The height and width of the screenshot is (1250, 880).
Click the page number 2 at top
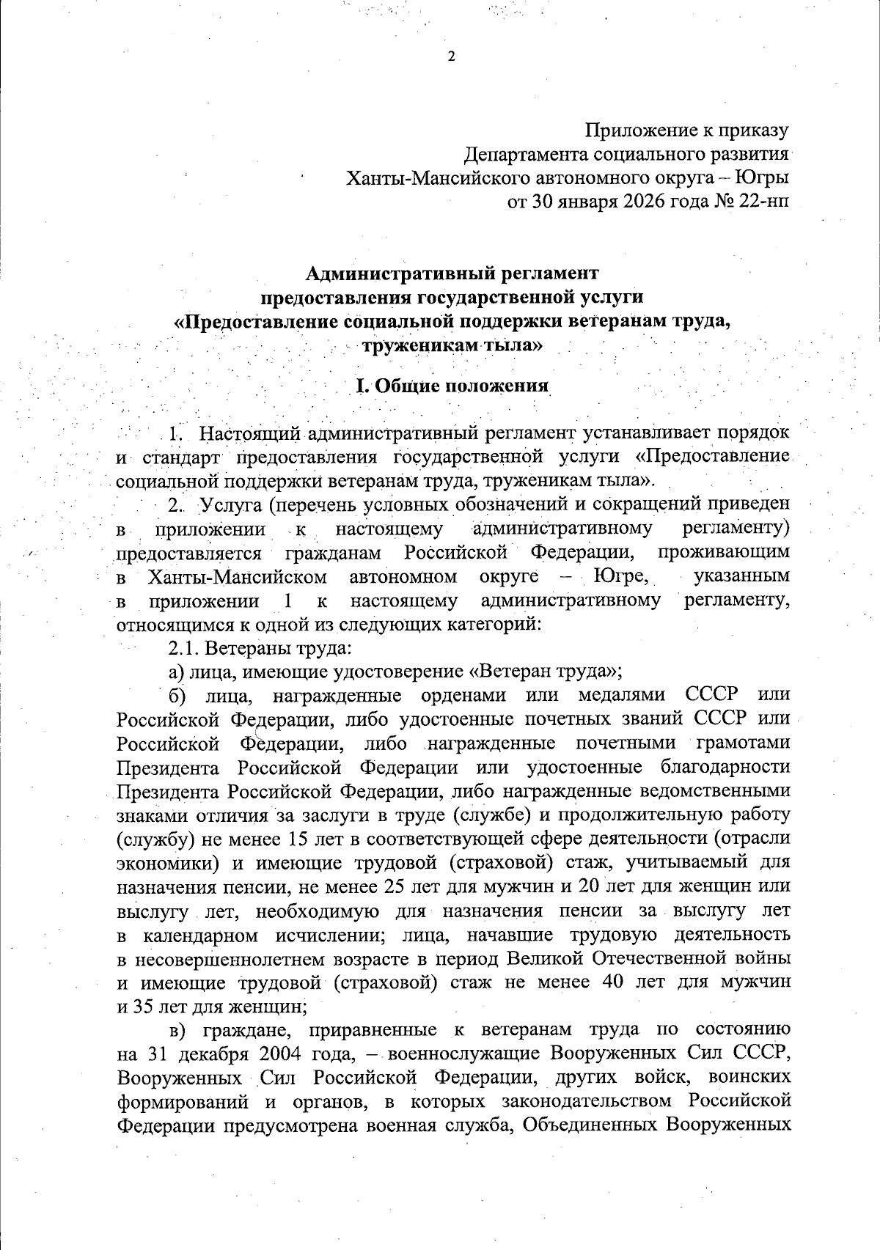tap(451, 57)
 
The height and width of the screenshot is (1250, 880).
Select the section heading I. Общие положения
tap(452, 386)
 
